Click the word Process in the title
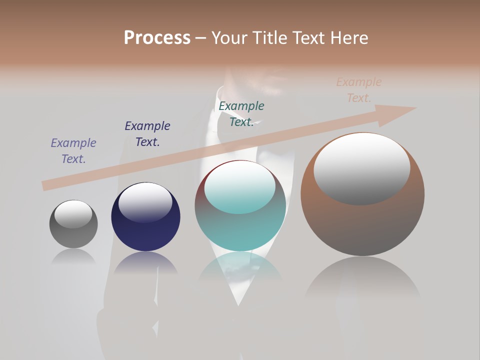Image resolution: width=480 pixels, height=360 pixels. [x=157, y=38]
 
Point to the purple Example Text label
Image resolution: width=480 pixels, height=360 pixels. [x=73, y=151]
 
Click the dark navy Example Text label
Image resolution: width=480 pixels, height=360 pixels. [x=147, y=134]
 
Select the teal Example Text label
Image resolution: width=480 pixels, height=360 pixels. [x=241, y=114]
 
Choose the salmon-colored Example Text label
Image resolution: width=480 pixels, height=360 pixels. [x=359, y=90]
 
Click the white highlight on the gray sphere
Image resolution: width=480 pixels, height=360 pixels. [x=73, y=214]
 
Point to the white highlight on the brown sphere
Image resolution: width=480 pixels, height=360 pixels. [x=362, y=168]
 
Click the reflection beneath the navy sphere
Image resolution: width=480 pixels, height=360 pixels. [x=145, y=262]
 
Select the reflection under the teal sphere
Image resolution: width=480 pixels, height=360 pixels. [x=240, y=270]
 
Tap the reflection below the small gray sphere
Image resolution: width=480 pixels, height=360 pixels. [x=73, y=256]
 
